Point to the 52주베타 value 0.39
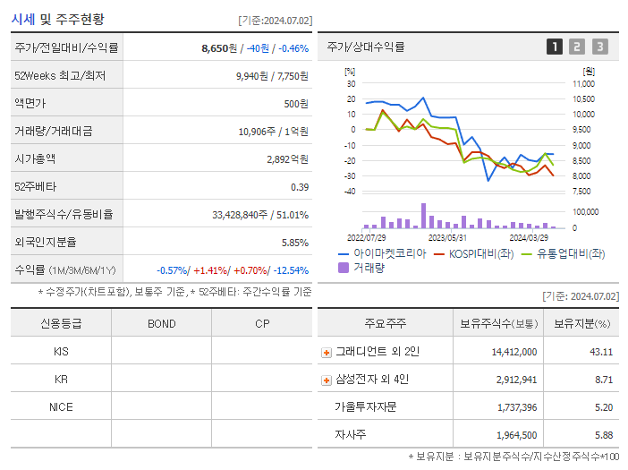pos(299,186)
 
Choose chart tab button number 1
pos(555,47)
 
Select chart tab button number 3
pos(599,47)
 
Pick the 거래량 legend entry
pos(368,267)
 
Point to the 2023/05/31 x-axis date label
pos(447,238)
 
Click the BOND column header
pos(161,324)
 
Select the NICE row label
pos(61,406)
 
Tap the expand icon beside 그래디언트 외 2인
pos(327,352)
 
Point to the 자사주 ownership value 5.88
pos(602,434)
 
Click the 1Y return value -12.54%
pos(286,269)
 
